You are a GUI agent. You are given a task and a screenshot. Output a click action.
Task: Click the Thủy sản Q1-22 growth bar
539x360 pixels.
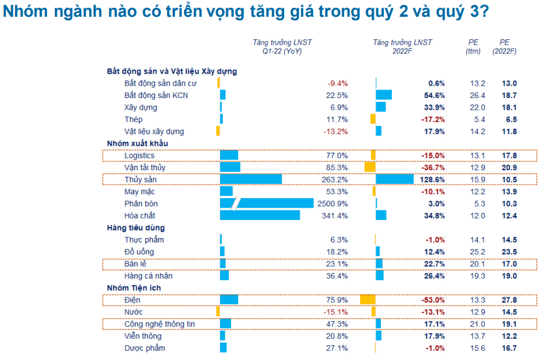click(250, 179)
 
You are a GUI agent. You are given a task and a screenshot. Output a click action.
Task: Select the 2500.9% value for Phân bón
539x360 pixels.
click(334, 204)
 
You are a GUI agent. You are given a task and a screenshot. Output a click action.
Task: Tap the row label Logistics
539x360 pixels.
click(139, 155)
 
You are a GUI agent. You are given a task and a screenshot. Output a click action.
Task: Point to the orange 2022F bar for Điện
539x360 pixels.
click(367, 300)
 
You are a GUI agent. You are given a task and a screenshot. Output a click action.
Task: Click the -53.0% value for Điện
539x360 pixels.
click(432, 300)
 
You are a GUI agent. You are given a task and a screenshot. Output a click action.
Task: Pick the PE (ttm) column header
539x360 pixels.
click(473, 47)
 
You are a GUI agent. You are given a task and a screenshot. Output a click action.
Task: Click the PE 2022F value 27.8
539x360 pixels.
click(510, 300)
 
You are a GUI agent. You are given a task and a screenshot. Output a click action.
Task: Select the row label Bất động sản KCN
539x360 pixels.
click(156, 95)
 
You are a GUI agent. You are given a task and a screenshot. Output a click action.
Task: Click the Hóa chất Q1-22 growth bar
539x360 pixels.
click(259, 215)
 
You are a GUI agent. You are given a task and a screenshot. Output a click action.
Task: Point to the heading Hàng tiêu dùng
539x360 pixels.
click(136, 228)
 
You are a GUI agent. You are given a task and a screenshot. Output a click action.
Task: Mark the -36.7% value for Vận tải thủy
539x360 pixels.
click(432, 168)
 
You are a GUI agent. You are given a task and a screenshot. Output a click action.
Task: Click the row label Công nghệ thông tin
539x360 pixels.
click(159, 324)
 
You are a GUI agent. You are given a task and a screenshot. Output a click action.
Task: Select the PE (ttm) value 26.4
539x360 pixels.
click(478, 95)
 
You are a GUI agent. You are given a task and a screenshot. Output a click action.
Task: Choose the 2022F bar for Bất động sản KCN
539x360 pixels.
click(383, 95)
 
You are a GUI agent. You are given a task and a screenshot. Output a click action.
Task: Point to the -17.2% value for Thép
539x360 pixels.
click(432, 119)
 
